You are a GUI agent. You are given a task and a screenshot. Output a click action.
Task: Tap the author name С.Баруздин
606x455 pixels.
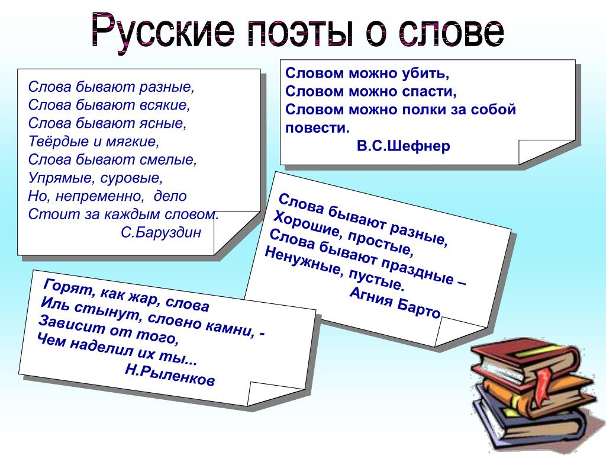pos(161,232)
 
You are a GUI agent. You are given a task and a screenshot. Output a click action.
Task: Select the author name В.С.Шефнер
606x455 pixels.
pos(403,146)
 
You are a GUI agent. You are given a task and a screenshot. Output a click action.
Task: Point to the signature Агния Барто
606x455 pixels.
pos(395,302)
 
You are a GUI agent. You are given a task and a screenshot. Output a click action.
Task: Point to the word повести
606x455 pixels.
pos(317,128)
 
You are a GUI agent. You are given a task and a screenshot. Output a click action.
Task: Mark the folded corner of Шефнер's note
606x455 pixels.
pos(547,152)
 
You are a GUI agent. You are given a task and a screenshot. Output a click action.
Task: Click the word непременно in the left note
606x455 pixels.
pos(99,196)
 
